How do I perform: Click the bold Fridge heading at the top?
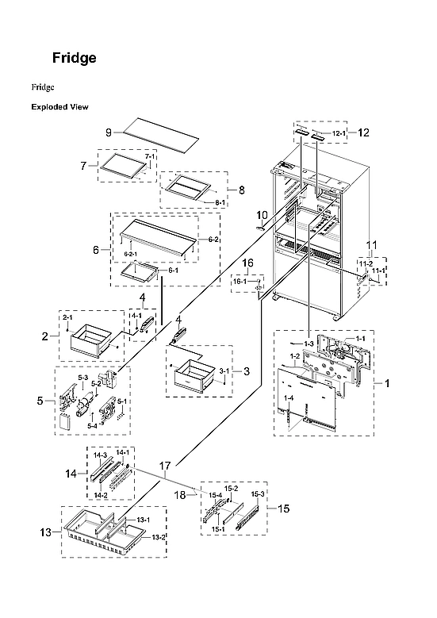click(x=75, y=58)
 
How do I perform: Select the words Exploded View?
click(x=59, y=106)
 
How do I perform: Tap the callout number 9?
click(x=108, y=132)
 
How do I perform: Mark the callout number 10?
click(x=262, y=215)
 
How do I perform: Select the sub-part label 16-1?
click(x=240, y=281)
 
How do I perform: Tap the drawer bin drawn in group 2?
click(x=95, y=342)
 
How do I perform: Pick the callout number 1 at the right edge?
click(x=387, y=383)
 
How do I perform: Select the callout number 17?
click(x=165, y=467)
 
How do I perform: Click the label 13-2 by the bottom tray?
click(x=159, y=537)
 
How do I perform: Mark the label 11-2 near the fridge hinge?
click(x=365, y=263)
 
